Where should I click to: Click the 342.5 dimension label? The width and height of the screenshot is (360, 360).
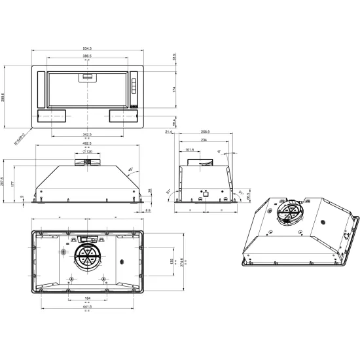tap(87, 134)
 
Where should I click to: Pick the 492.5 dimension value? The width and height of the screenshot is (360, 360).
tap(87, 144)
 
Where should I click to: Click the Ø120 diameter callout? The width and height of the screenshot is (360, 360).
tap(87, 151)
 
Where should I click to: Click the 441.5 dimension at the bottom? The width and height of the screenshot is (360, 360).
tap(87, 306)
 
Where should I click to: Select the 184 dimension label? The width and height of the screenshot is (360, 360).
tap(87, 298)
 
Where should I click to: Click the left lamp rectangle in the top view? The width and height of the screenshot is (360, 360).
tap(52, 116)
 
